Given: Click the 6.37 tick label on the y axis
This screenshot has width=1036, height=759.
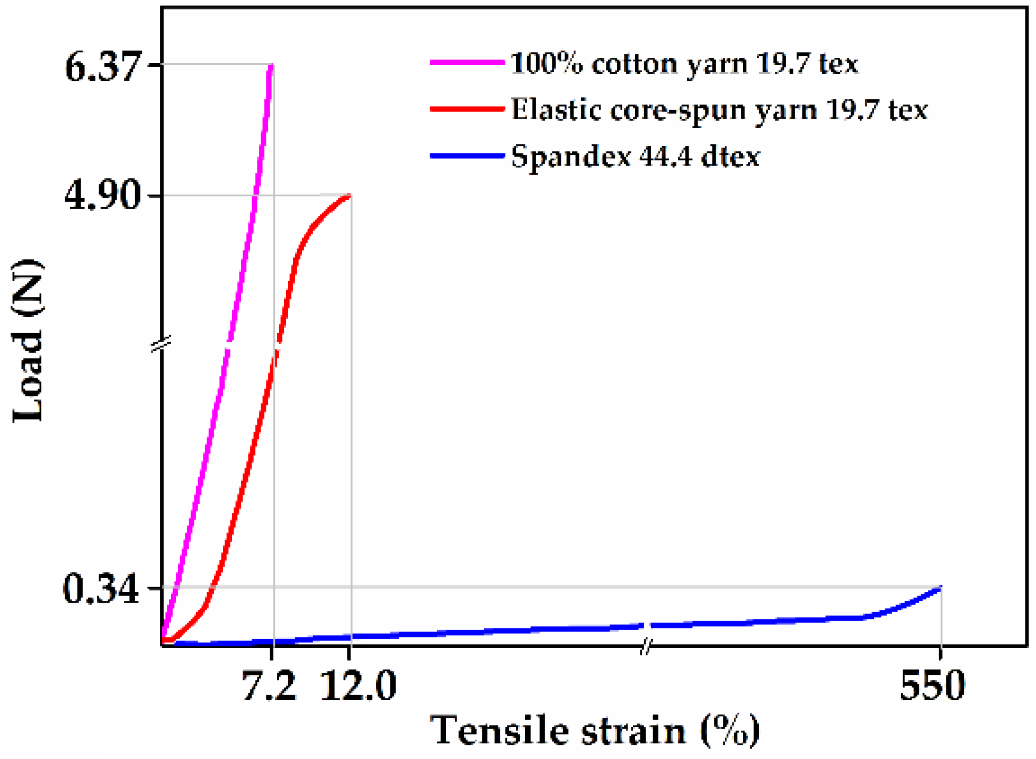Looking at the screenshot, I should click(x=103, y=67).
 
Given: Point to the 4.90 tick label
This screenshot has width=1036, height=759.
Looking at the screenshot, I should click(x=103, y=196).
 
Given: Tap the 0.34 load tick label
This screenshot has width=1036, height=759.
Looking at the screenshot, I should click(x=101, y=589).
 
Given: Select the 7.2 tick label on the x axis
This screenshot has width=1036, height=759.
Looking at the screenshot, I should click(x=268, y=686).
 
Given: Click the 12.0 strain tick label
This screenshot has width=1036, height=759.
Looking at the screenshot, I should click(x=357, y=686).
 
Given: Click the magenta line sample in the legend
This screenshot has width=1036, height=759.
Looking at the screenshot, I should click(x=467, y=62).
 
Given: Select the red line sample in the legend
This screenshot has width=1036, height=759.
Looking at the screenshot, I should click(x=467, y=109).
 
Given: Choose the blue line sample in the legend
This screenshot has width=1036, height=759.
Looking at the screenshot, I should click(x=467, y=156).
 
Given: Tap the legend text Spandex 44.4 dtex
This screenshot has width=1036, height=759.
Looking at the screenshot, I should click(x=635, y=157).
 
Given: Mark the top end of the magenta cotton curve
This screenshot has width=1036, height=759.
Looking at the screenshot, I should click(x=271, y=65).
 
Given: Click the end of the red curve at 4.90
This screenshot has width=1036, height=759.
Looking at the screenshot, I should click(x=349, y=196).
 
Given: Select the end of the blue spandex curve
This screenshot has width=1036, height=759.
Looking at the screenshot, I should click(x=940, y=588).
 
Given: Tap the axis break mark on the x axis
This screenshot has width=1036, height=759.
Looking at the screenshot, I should click(x=645, y=647).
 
